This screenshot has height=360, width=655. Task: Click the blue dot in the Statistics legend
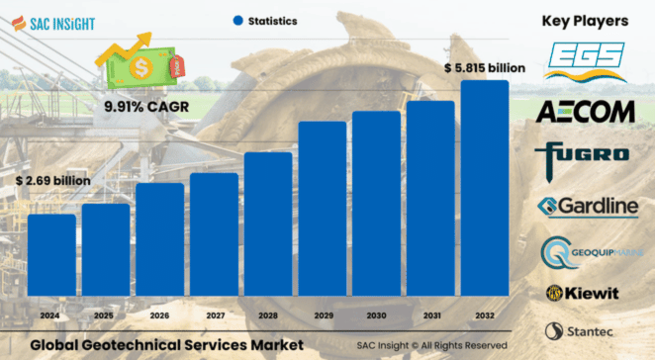[x=237, y=20]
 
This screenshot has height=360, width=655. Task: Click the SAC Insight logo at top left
[x=56, y=20]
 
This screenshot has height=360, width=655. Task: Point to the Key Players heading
[x=586, y=20]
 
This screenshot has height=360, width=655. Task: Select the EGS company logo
[x=585, y=61]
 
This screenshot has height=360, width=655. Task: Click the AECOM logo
[x=585, y=112]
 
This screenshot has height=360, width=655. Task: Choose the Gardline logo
[x=585, y=206]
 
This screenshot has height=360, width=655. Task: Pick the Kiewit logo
[x=585, y=293]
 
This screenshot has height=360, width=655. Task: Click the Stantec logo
[x=585, y=331]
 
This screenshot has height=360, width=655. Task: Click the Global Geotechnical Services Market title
[x=166, y=345]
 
